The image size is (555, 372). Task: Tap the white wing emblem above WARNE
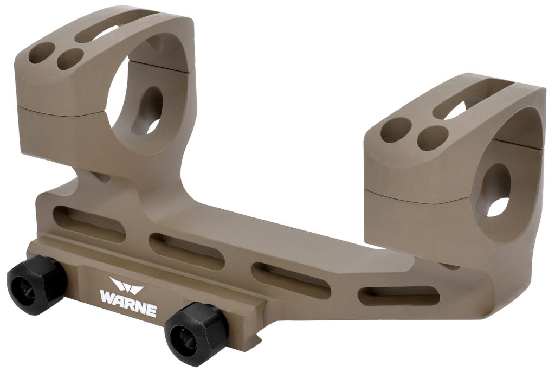pyautogui.click(x=125, y=285)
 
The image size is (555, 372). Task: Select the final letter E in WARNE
pyautogui.click(x=151, y=311)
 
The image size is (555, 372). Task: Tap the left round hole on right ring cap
pyautogui.click(x=395, y=131)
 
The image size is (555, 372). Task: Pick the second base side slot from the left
pyautogui.click(x=185, y=249)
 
